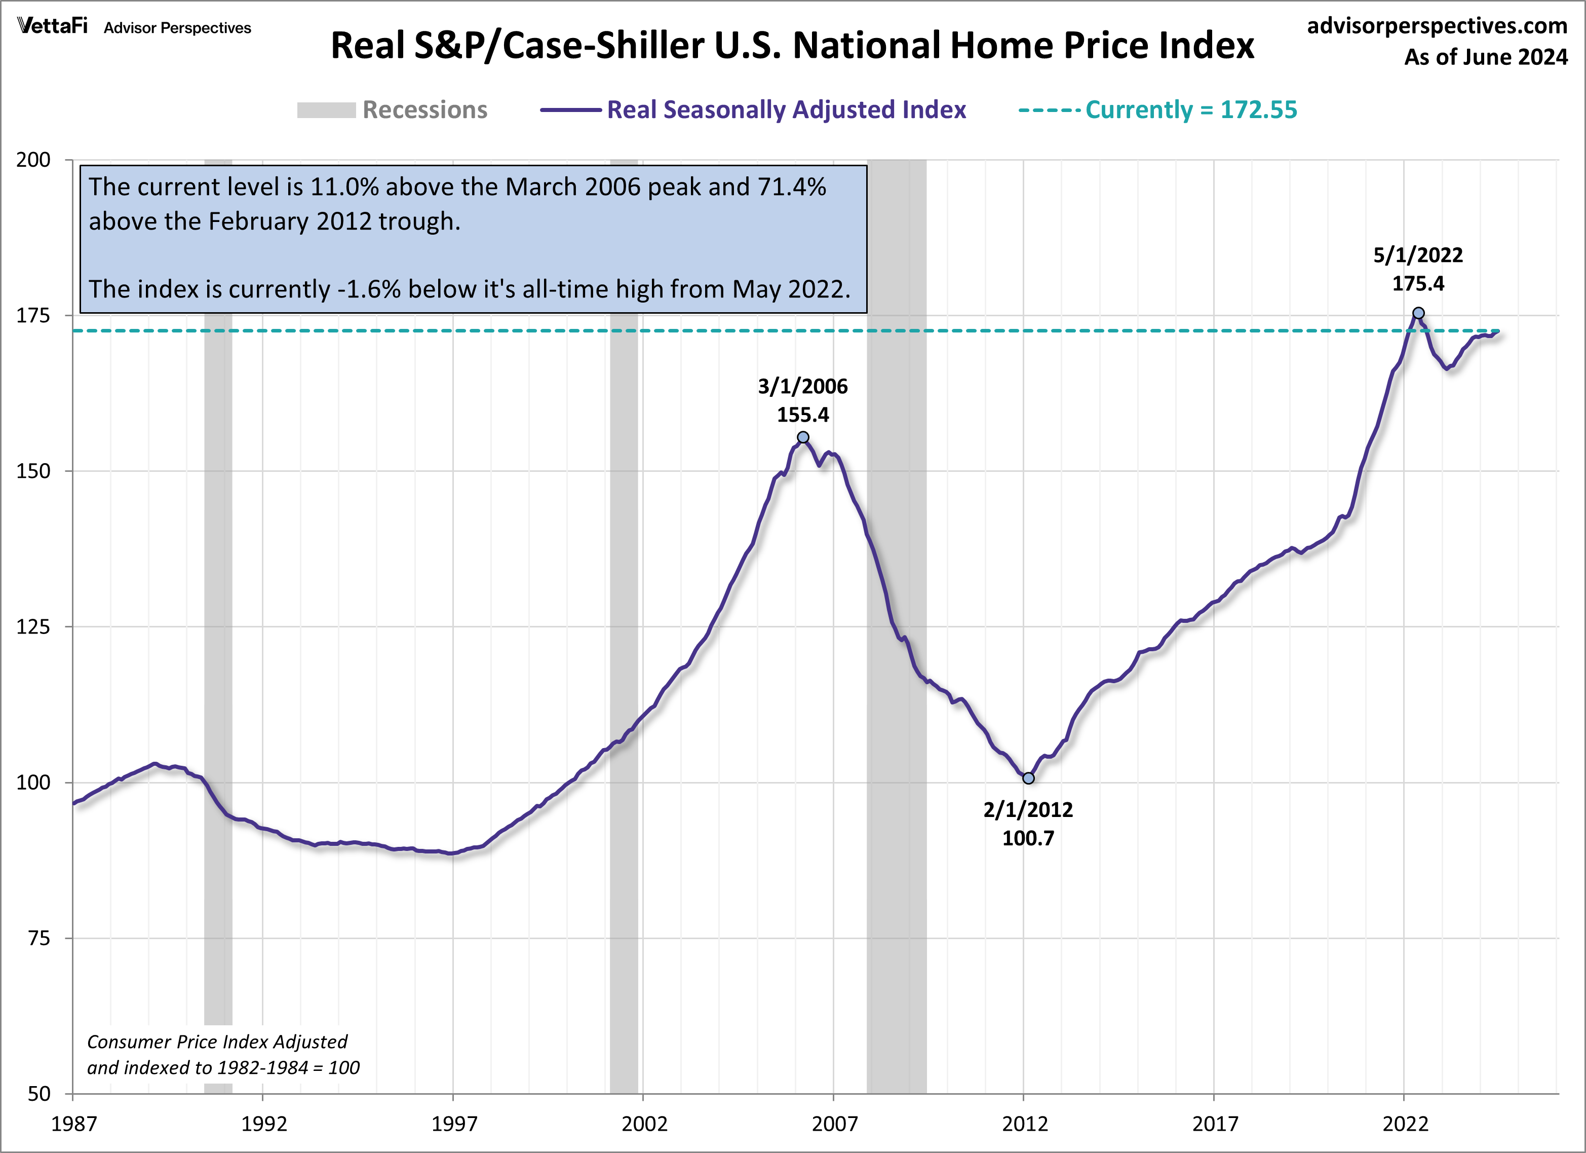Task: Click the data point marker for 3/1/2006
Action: pyautogui.click(x=803, y=437)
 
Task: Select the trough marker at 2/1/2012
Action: pyautogui.click(x=1028, y=778)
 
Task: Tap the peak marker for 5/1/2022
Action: pyautogui.click(x=1418, y=313)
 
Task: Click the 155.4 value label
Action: pyautogui.click(x=803, y=415)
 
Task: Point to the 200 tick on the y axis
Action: pyautogui.click(x=33, y=160)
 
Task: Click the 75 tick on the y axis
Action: pyautogui.click(x=39, y=938)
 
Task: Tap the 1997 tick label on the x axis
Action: pyautogui.click(x=454, y=1124)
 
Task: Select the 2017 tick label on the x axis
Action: pyautogui.click(x=1215, y=1124)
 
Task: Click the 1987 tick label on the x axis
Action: pyautogui.click(x=73, y=1124)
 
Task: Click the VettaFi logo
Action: pyautogui.click(x=53, y=26)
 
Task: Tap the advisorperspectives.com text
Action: pyautogui.click(x=1437, y=25)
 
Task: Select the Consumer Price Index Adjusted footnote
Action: pyautogui.click(x=217, y=1042)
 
